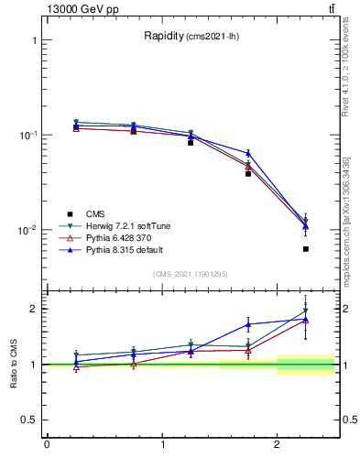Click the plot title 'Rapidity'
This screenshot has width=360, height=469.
point(163,37)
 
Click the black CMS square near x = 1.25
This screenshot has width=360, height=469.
point(191,143)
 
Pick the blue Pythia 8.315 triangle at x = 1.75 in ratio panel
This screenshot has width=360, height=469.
point(248,324)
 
